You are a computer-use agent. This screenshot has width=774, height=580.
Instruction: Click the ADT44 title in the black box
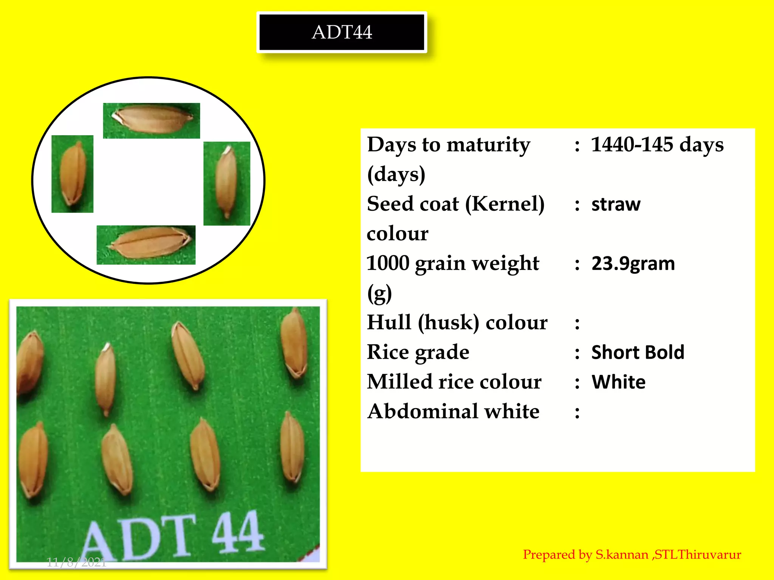pos(342,32)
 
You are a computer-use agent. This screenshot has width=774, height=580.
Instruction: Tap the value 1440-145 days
pos(657,145)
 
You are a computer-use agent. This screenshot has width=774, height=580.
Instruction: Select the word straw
pos(616,204)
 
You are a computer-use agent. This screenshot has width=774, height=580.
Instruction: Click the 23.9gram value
pos(633,263)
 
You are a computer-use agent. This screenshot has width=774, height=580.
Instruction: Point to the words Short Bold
pos(638,352)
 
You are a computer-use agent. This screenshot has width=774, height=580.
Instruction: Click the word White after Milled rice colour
pos(618,382)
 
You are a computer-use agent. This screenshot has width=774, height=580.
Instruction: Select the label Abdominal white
pos(453,411)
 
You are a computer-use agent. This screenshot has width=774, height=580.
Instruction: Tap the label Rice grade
pos(418,352)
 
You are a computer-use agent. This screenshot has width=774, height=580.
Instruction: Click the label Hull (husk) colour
pos(457,323)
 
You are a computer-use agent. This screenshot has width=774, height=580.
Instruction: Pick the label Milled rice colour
pos(454,382)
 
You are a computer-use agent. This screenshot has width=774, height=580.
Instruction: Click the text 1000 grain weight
pos(453,263)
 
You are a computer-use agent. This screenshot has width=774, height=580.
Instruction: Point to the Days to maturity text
pos(449,145)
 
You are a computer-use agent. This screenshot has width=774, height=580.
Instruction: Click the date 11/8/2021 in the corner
pos(76,562)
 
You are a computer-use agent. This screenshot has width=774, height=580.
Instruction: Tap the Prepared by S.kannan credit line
pos(632,555)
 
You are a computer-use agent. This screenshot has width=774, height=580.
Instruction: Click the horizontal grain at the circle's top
pos(152,120)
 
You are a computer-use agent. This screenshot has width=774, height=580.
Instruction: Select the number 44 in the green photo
pos(237,532)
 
